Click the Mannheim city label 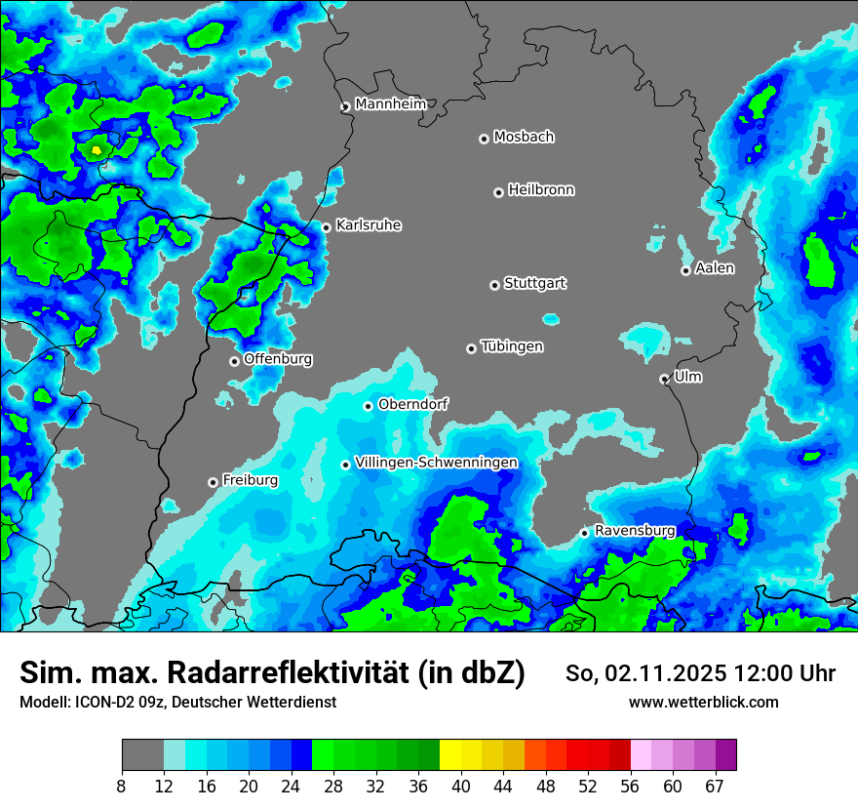[390, 103]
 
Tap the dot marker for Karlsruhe [327, 227]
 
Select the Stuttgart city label [535, 283]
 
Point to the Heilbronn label [541, 190]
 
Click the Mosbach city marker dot [484, 139]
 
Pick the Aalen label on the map [715, 268]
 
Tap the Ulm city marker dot [664, 379]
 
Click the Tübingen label [512, 346]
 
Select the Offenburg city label [278, 359]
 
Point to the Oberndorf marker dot [368, 406]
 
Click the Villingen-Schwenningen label [437, 463]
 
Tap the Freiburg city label [250, 480]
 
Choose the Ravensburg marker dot [584, 533]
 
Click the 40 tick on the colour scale [460, 787]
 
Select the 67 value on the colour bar [715, 787]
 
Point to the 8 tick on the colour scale [122, 787]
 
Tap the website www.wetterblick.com [703, 703]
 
